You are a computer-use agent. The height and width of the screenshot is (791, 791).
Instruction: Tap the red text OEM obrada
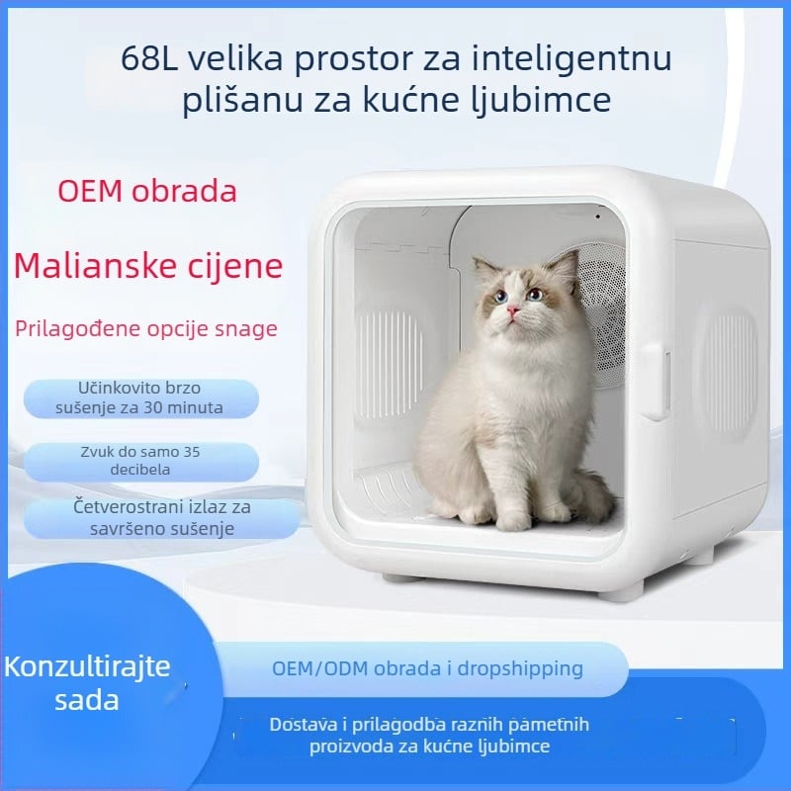147,190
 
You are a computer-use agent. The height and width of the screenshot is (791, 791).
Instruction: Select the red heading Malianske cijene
148,265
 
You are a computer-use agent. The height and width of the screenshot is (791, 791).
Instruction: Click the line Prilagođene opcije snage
145,329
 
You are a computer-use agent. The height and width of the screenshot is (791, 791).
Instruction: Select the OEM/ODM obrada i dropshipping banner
427,668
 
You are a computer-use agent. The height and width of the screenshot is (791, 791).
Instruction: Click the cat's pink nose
513,311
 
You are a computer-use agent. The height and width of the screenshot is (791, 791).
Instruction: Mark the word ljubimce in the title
578,101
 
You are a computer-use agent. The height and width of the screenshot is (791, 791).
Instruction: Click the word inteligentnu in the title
578,59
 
